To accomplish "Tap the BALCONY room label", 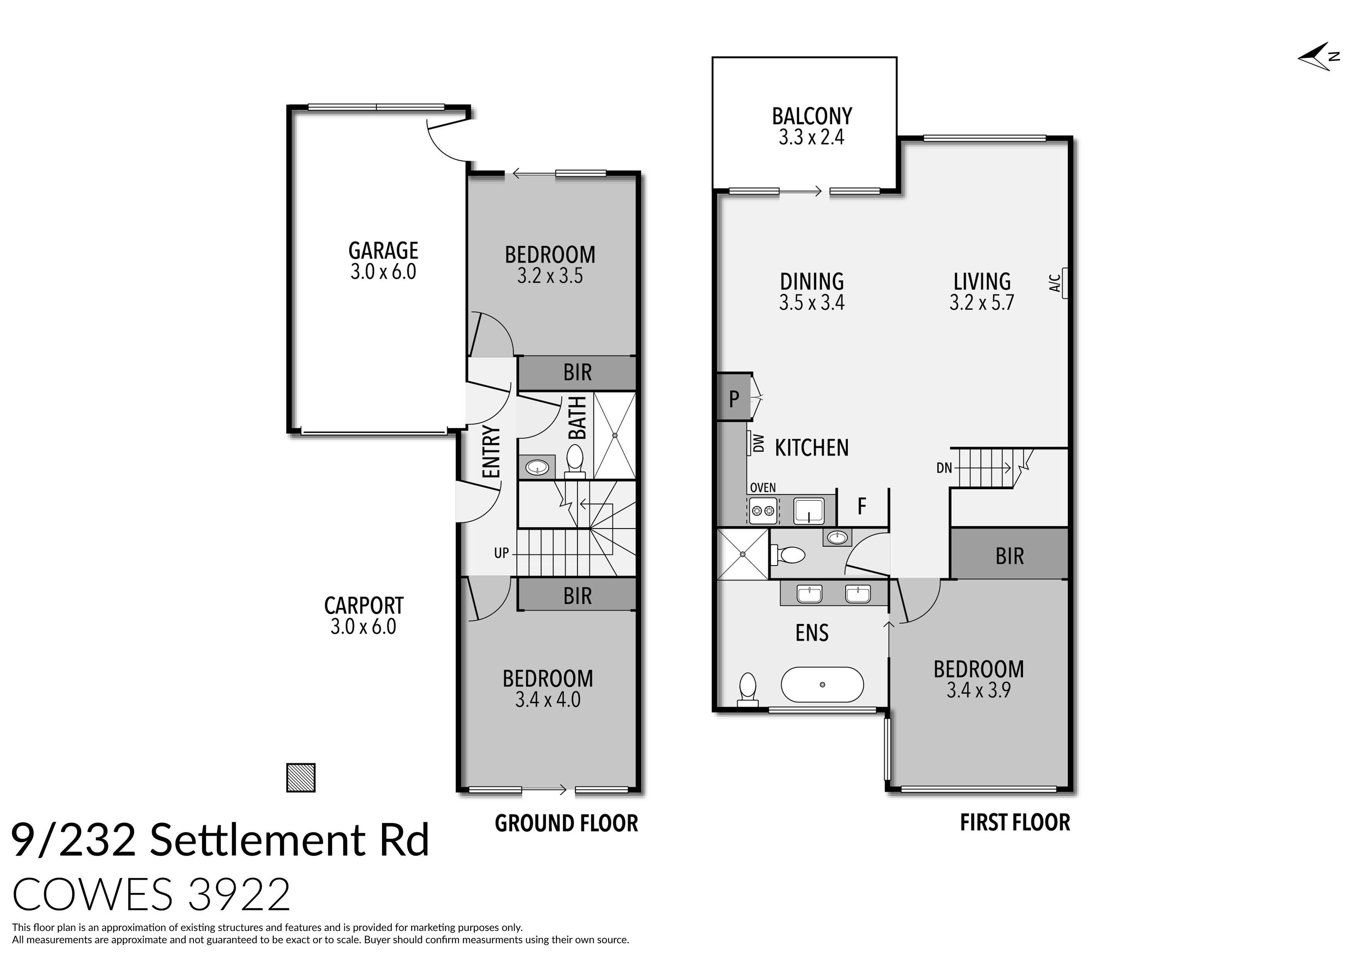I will click(x=811, y=116).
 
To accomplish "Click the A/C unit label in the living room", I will click(x=1055, y=283).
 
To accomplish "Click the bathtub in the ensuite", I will click(x=822, y=685).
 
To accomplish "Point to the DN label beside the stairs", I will click(x=944, y=468).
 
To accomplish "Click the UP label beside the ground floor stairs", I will click(x=501, y=553).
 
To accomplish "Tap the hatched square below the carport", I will click(x=300, y=778).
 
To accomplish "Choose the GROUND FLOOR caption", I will click(x=566, y=823).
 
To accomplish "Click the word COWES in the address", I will click(x=93, y=894).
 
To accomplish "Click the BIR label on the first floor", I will click(x=1009, y=556).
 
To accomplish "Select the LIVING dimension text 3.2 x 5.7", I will click(x=982, y=303).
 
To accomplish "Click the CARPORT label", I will click(x=364, y=606).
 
